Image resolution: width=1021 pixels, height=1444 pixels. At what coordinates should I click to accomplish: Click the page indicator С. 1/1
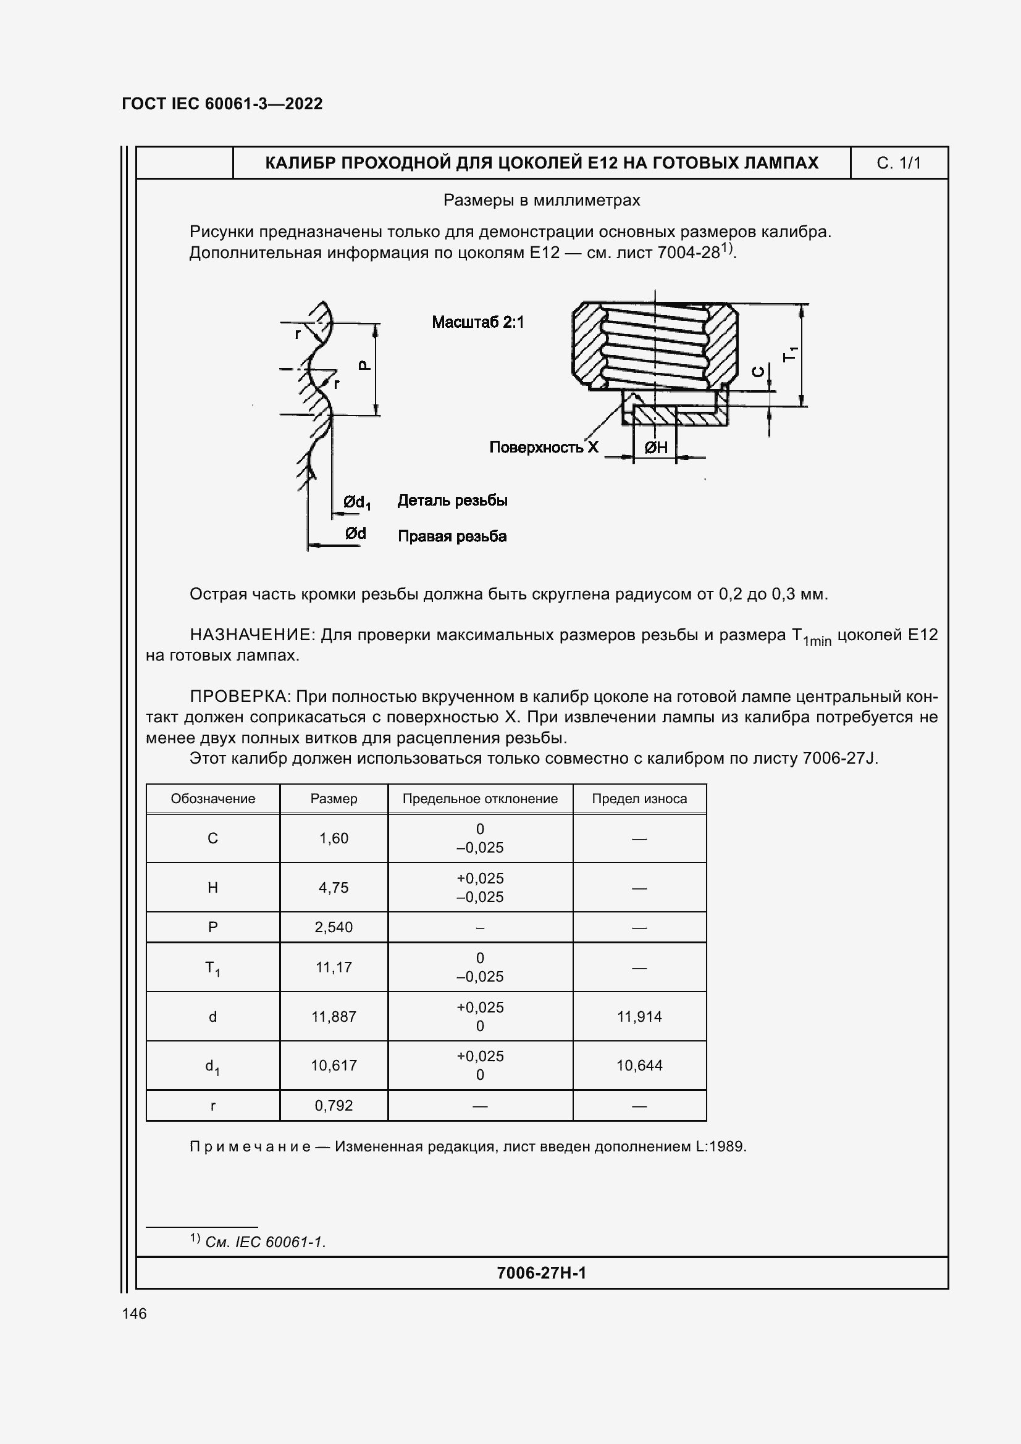(x=898, y=164)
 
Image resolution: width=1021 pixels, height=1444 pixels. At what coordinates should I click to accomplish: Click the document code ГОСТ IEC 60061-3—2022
(x=222, y=104)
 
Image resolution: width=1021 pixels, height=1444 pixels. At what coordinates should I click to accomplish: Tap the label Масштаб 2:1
(x=477, y=323)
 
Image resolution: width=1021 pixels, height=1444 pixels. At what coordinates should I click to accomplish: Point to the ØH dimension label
(x=655, y=448)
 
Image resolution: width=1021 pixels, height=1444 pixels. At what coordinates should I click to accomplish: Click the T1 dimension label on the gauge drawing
(x=790, y=354)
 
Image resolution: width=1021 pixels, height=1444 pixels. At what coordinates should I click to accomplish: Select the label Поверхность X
(x=544, y=448)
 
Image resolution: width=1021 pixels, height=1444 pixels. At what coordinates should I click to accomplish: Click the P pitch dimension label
(x=364, y=365)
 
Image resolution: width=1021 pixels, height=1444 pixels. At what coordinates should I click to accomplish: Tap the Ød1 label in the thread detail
(x=356, y=502)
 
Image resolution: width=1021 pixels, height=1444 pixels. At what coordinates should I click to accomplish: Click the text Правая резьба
(x=452, y=536)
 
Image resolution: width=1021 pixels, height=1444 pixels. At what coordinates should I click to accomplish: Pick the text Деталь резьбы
(x=452, y=501)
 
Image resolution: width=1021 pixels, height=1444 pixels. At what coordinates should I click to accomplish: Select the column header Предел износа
(x=639, y=799)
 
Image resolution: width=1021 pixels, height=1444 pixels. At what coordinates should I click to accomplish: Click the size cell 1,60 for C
(x=334, y=838)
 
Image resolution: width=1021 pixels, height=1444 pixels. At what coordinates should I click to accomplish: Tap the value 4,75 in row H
(x=334, y=887)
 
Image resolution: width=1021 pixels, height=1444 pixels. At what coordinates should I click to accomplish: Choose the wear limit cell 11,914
(x=639, y=1016)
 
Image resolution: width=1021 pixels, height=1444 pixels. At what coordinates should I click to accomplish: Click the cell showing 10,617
(x=334, y=1066)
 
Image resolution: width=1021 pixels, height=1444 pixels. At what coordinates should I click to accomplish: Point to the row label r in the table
(x=212, y=1106)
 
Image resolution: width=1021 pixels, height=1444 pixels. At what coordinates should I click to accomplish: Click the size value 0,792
(x=334, y=1106)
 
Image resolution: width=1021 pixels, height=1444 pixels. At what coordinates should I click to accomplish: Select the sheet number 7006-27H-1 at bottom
(x=541, y=1273)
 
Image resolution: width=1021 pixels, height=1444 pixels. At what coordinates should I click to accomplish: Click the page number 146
(x=134, y=1314)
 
